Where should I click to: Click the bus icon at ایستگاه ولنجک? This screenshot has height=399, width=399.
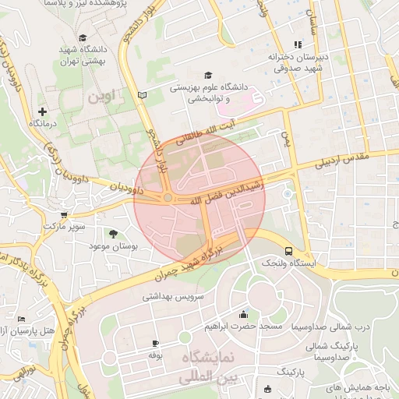click(289, 252)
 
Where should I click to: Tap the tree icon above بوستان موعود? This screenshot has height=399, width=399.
click(114, 233)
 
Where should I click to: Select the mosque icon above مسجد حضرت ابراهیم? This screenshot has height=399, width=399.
click(244, 315)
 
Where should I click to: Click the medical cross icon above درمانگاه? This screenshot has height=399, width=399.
click(41, 111)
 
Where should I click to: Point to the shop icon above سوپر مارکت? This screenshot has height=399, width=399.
click(64, 214)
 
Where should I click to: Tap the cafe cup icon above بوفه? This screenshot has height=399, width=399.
click(155, 344)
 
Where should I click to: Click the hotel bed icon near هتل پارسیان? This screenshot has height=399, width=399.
click(21, 320)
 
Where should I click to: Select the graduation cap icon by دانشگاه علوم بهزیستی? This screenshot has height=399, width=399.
click(207, 75)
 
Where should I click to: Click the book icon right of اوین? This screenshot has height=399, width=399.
click(141, 95)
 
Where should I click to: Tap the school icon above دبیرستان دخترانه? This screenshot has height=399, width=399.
click(296, 44)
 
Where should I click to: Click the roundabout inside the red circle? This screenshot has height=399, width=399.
click(168, 199)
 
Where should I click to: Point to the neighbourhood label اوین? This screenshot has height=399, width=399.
click(101, 98)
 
